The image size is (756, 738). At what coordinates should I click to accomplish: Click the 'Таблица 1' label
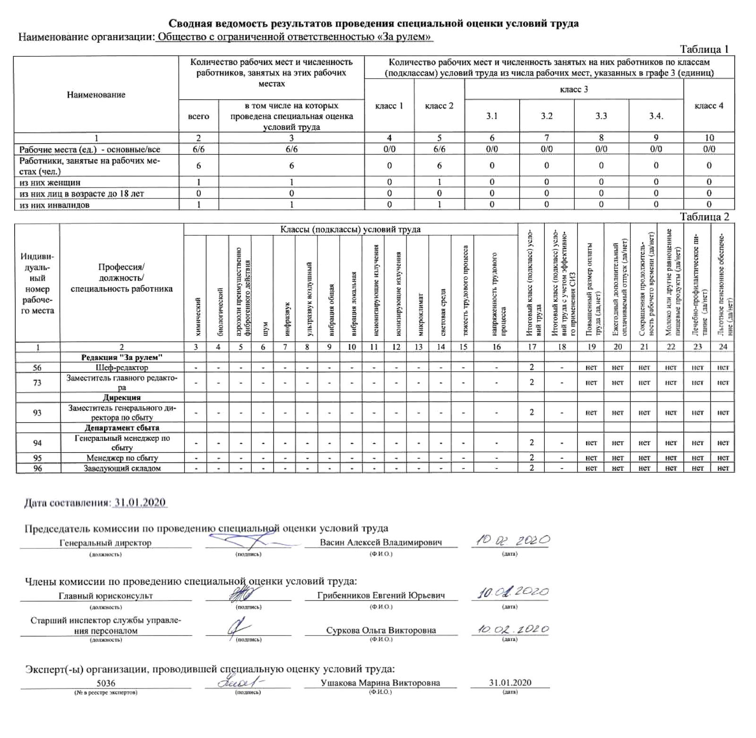[x=704, y=49]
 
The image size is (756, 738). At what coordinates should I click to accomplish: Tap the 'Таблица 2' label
[x=704, y=216]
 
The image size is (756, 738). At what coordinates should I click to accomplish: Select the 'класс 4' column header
[x=709, y=106]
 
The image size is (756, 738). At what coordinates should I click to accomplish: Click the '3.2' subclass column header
[x=547, y=116]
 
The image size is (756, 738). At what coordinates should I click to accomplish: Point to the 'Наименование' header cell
[x=96, y=94]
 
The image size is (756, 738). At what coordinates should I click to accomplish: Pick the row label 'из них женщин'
[x=50, y=182]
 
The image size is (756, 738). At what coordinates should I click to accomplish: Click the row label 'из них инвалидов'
[x=54, y=205]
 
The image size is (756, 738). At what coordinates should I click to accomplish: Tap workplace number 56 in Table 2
[x=37, y=368]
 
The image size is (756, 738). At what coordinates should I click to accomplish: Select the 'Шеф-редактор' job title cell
[x=122, y=368]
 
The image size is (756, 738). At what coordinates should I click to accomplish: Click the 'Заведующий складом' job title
[x=122, y=468]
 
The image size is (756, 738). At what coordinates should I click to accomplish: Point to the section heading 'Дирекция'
[x=122, y=397]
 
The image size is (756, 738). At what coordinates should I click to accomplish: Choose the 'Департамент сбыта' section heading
[x=122, y=428]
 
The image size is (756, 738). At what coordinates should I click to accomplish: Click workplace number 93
[x=37, y=412]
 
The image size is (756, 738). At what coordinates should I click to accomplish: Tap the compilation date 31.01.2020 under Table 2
[x=140, y=502]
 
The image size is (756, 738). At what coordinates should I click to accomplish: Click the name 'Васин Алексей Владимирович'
[x=381, y=542]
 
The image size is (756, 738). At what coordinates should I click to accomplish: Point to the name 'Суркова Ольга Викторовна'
[x=381, y=630]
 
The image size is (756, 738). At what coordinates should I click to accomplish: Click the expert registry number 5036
[x=106, y=683]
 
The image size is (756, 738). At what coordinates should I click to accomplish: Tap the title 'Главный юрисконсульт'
[x=106, y=596]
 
